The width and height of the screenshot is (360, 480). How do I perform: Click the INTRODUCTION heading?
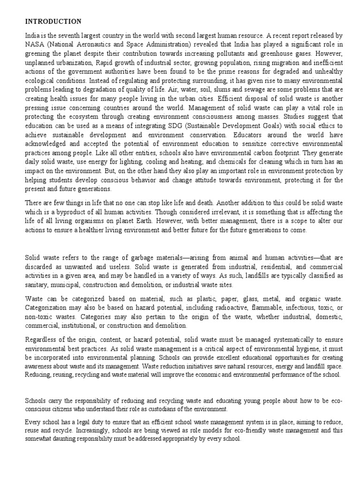coord(53,22)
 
